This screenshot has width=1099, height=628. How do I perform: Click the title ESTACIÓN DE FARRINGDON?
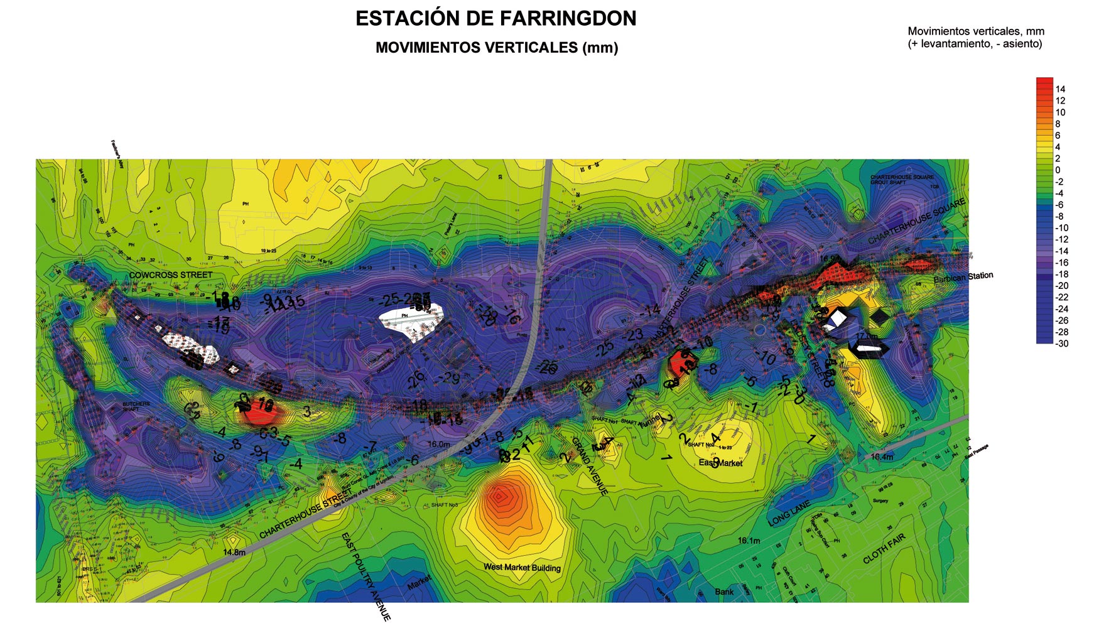[x=495, y=19]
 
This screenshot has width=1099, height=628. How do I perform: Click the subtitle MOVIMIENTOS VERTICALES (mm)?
[x=496, y=48]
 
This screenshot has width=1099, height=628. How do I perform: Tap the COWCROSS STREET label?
[x=171, y=275]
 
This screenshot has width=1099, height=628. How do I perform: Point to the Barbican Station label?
[x=963, y=277]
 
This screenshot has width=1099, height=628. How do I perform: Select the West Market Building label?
[x=522, y=568]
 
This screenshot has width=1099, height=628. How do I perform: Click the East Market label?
[x=720, y=463]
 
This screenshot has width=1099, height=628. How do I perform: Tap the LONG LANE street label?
[x=789, y=514]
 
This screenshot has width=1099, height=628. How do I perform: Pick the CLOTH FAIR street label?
[x=884, y=548]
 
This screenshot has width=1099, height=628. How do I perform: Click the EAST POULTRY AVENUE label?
[x=366, y=577]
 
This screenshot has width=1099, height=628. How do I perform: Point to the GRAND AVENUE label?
[x=589, y=467]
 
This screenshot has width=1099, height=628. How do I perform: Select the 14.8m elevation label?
[x=234, y=553]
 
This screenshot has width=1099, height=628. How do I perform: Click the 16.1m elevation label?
[x=749, y=541]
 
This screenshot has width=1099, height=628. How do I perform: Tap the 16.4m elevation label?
[x=882, y=457]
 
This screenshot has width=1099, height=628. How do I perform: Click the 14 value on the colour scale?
[x=1060, y=89]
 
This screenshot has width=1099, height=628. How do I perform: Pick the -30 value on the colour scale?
[x=1061, y=344]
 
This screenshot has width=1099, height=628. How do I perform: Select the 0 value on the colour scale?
[x=1058, y=170]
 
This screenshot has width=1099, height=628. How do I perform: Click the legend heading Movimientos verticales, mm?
[x=976, y=31]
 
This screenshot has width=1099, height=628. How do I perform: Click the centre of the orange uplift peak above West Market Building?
[x=501, y=497]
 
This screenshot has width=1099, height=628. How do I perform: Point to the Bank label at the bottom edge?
[x=724, y=592]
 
